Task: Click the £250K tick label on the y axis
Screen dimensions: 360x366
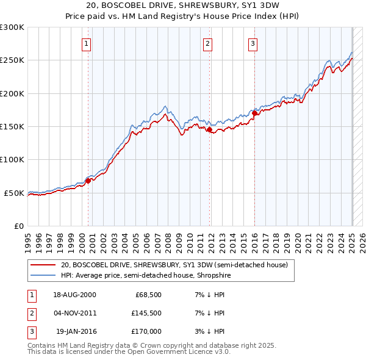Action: click(x=12, y=60)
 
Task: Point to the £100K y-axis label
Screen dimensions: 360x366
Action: click(x=12, y=159)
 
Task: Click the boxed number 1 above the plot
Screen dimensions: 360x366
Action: click(x=87, y=43)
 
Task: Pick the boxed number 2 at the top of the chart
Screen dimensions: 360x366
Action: click(x=208, y=43)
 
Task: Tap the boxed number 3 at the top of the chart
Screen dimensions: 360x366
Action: click(x=253, y=43)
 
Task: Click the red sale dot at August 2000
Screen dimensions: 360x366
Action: click(x=88, y=181)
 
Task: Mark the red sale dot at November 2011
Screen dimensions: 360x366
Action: click(x=209, y=129)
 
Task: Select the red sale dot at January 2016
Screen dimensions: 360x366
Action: click(x=254, y=113)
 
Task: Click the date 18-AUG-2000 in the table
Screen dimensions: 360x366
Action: click(x=74, y=295)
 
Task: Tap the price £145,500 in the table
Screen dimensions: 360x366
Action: click(x=145, y=313)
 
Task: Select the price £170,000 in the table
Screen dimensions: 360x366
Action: click(x=145, y=331)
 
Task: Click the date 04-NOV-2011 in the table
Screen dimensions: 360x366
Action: click(x=74, y=313)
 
